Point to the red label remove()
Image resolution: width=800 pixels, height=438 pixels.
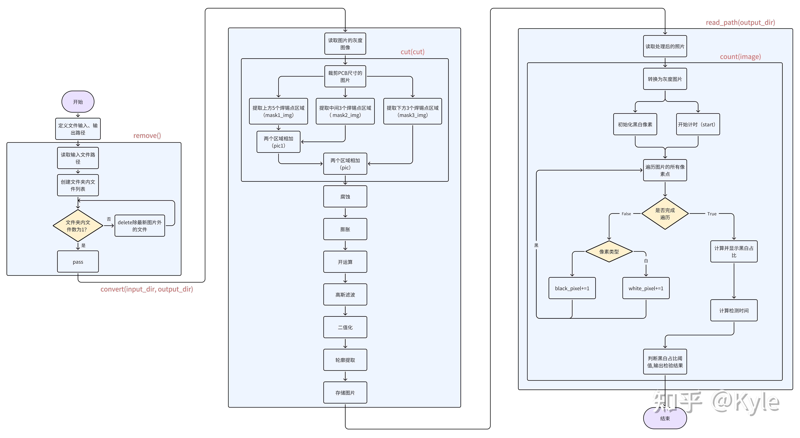point(147,136)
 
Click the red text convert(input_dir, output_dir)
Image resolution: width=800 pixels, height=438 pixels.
point(147,289)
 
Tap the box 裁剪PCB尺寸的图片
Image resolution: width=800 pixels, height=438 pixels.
point(345,76)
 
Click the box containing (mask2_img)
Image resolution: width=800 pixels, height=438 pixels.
point(345,111)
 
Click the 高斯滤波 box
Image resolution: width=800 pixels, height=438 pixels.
point(345,295)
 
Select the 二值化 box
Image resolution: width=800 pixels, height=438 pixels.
point(345,327)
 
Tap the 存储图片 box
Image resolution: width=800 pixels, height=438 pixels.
point(345,393)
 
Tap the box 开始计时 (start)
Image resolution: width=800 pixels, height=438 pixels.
point(698,124)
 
